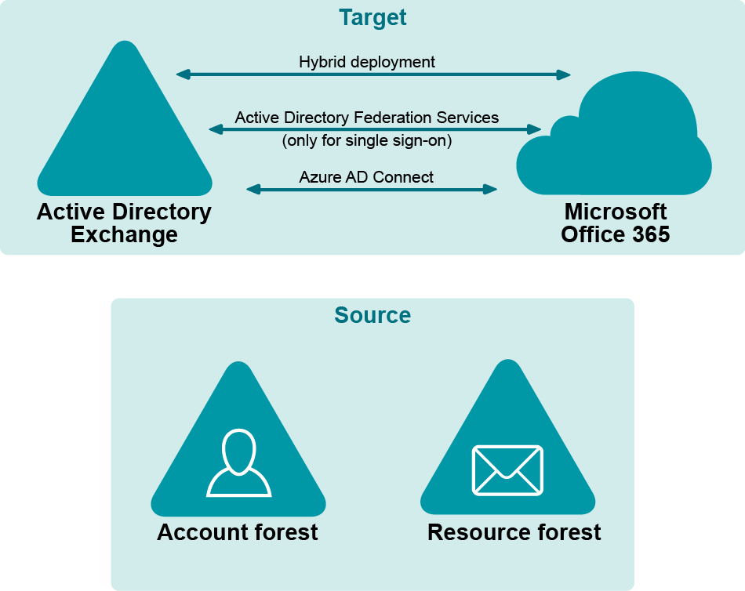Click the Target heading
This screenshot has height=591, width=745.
click(x=372, y=17)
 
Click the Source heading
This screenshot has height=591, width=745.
click(x=372, y=315)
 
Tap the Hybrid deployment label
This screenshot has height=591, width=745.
click(x=367, y=61)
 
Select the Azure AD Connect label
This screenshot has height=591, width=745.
click(x=366, y=177)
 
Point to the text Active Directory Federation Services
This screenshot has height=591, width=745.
click(x=367, y=118)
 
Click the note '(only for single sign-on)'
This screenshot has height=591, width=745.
click(x=367, y=142)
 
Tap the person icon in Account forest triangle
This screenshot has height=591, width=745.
click(x=238, y=463)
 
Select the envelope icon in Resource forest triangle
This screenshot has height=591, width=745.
click(x=507, y=470)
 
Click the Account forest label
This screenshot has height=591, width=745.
click(x=238, y=532)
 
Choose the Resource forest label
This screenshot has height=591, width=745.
click(x=514, y=532)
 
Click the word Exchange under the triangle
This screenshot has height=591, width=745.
click(x=124, y=234)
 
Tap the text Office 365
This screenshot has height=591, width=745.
click(x=616, y=234)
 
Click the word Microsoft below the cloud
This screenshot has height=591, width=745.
click(x=616, y=212)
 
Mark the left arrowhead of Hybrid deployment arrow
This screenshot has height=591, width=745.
click(x=182, y=74)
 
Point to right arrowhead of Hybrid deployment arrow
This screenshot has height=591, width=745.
click(x=565, y=74)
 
